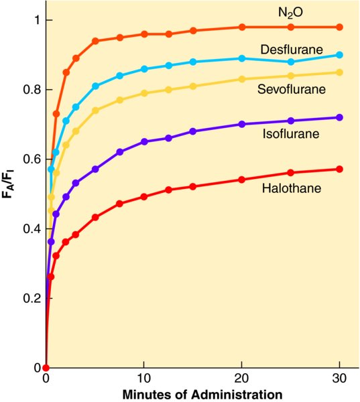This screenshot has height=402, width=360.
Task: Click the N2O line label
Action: (290, 13)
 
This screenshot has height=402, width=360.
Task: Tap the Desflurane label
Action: (292, 49)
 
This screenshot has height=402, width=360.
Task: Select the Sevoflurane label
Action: (292, 89)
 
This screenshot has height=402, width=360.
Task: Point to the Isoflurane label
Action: (291, 133)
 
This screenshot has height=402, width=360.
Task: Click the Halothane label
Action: (292, 188)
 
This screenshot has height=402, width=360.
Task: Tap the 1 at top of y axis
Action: (37, 20)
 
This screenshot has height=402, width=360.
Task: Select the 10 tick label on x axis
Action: (143, 379)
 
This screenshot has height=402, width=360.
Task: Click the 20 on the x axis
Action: (242, 379)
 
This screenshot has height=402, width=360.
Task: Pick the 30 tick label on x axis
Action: (339, 379)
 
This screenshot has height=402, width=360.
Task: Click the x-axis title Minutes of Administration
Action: (202, 395)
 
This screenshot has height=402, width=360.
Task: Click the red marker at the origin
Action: (46, 368)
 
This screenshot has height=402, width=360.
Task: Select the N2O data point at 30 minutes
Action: (339, 27)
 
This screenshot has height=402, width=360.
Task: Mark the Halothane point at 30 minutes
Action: (339, 170)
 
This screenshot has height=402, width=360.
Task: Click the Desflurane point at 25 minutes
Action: (291, 62)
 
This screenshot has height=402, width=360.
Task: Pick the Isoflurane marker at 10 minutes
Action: (144, 141)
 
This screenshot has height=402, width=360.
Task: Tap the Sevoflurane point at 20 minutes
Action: (242, 79)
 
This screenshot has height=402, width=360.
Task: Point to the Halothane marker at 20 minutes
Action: (242, 180)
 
